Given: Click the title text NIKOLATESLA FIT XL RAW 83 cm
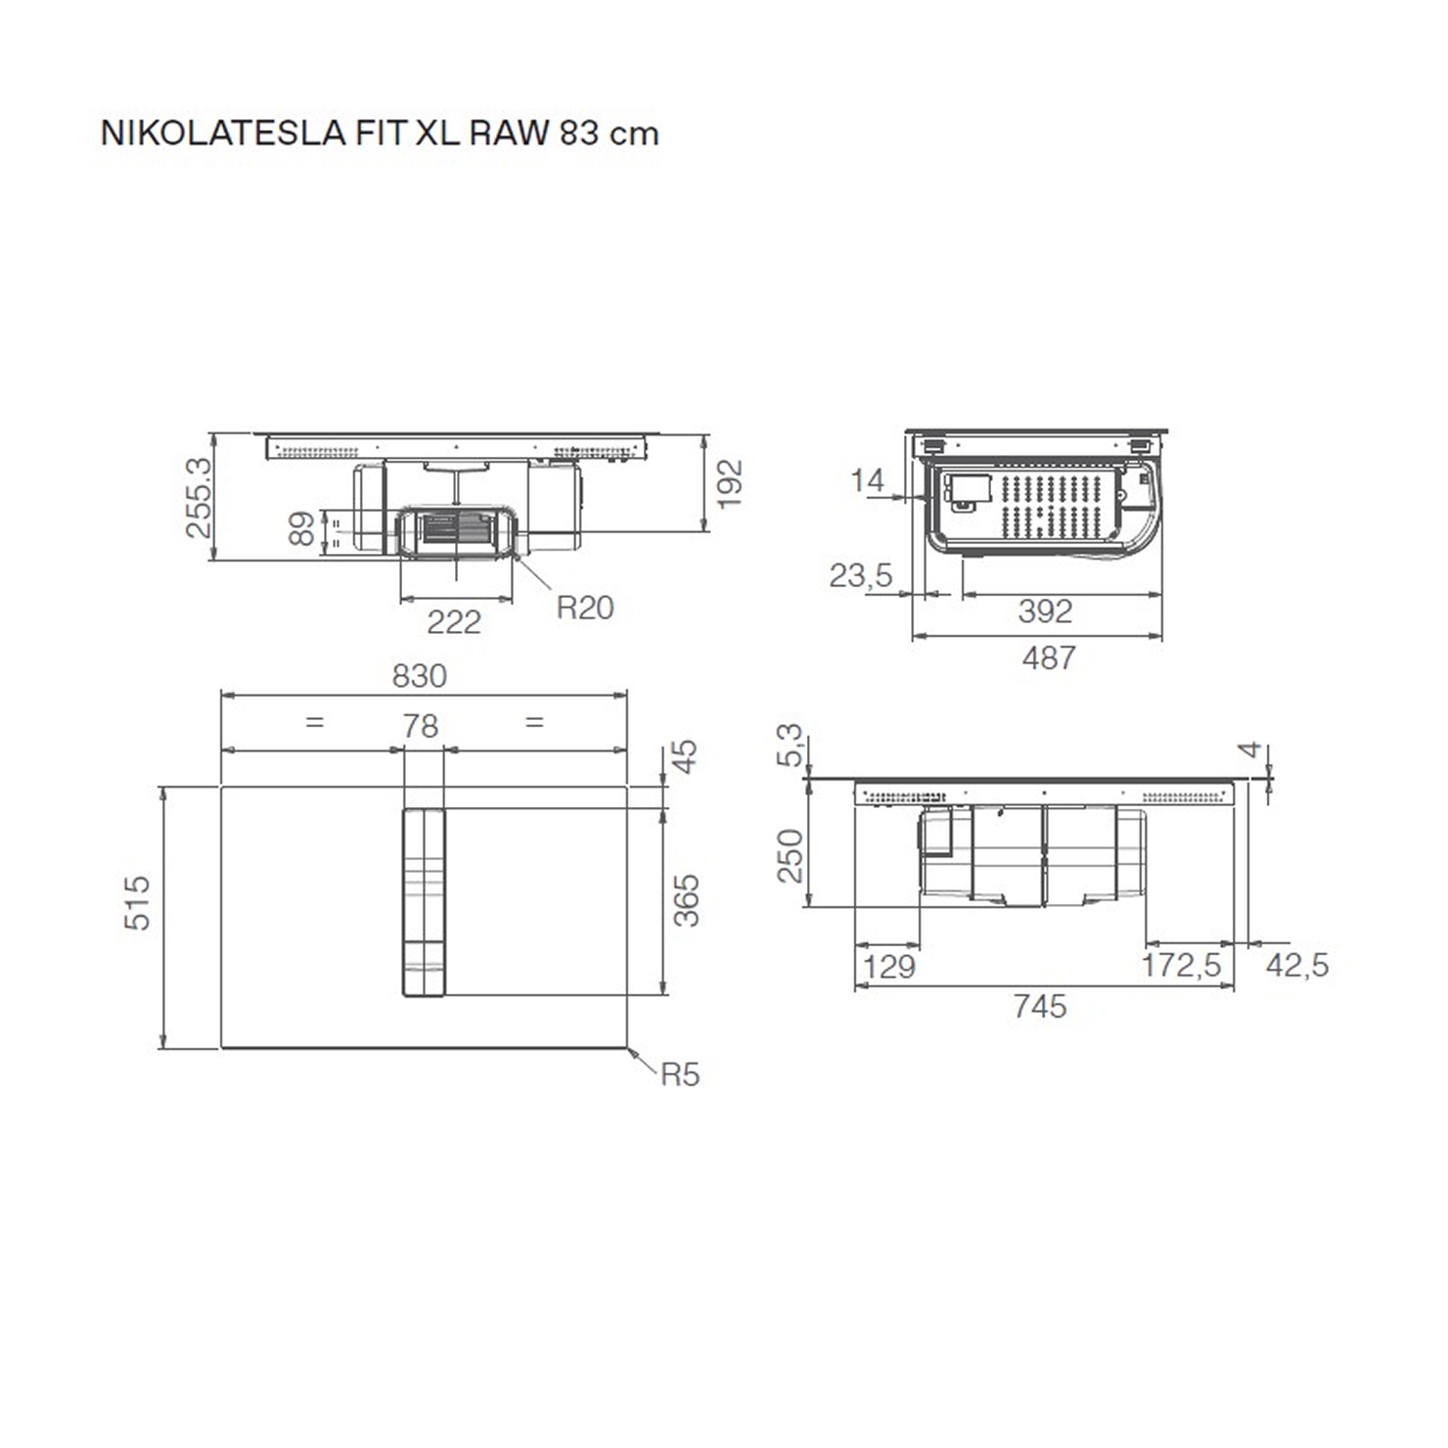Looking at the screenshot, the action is pyautogui.click(x=380, y=133).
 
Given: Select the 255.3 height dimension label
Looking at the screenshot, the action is pyautogui.click(x=199, y=497).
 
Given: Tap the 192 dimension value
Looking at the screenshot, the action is pyautogui.click(x=729, y=483).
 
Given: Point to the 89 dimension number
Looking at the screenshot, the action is pyautogui.click(x=302, y=528).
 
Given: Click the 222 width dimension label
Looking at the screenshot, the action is pyautogui.click(x=454, y=622).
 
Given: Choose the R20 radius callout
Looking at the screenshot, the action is pyautogui.click(x=585, y=608).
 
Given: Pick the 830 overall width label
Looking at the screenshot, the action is pyautogui.click(x=420, y=676).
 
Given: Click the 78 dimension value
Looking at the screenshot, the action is pyautogui.click(x=421, y=726).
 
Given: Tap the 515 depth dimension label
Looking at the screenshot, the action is pyautogui.click(x=138, y=903).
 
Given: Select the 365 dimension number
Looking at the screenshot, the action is pyautogui.click(x=687, y=900).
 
